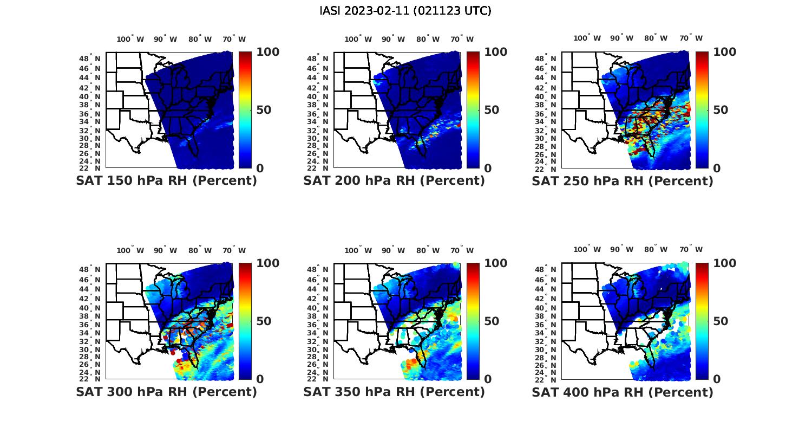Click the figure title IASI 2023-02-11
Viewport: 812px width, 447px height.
pos(405,11)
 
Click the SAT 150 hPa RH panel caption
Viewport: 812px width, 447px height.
pos(166,181)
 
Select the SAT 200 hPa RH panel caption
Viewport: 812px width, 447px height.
pos(394,181)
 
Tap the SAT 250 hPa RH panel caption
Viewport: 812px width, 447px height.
pos(623,181)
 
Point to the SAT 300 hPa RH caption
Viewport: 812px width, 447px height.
pos(166,392)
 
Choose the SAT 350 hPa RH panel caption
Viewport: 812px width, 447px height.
pos(394,392)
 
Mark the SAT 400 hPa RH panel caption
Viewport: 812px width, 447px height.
pos(623,392)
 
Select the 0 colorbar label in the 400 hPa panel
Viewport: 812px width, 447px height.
pos(717,379)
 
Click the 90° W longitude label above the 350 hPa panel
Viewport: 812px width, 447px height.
pos(394,250)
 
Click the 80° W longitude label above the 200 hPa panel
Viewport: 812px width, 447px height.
pos(428,39)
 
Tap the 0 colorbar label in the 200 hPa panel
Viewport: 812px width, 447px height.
pos(488,169)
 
